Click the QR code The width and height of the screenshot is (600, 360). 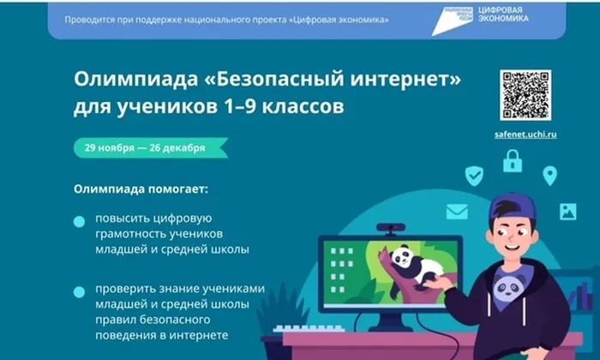point(526,94)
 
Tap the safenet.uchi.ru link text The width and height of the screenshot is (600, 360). point(526,135)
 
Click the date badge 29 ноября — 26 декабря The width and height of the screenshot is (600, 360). point(145,147)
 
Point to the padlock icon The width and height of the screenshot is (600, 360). point(513,160)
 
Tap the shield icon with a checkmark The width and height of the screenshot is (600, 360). point(474,177)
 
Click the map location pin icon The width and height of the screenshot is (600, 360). point(549,176)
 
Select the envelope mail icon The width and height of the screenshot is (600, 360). point(457,212)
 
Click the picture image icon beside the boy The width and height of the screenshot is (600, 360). point(567,211)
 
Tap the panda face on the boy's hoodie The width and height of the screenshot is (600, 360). point(509,285)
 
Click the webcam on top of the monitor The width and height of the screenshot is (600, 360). point(390,229)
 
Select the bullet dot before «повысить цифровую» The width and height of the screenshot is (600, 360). point(79,221)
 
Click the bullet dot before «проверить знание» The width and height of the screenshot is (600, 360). point(79,292)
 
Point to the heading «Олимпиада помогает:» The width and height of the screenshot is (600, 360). point(140,189)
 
